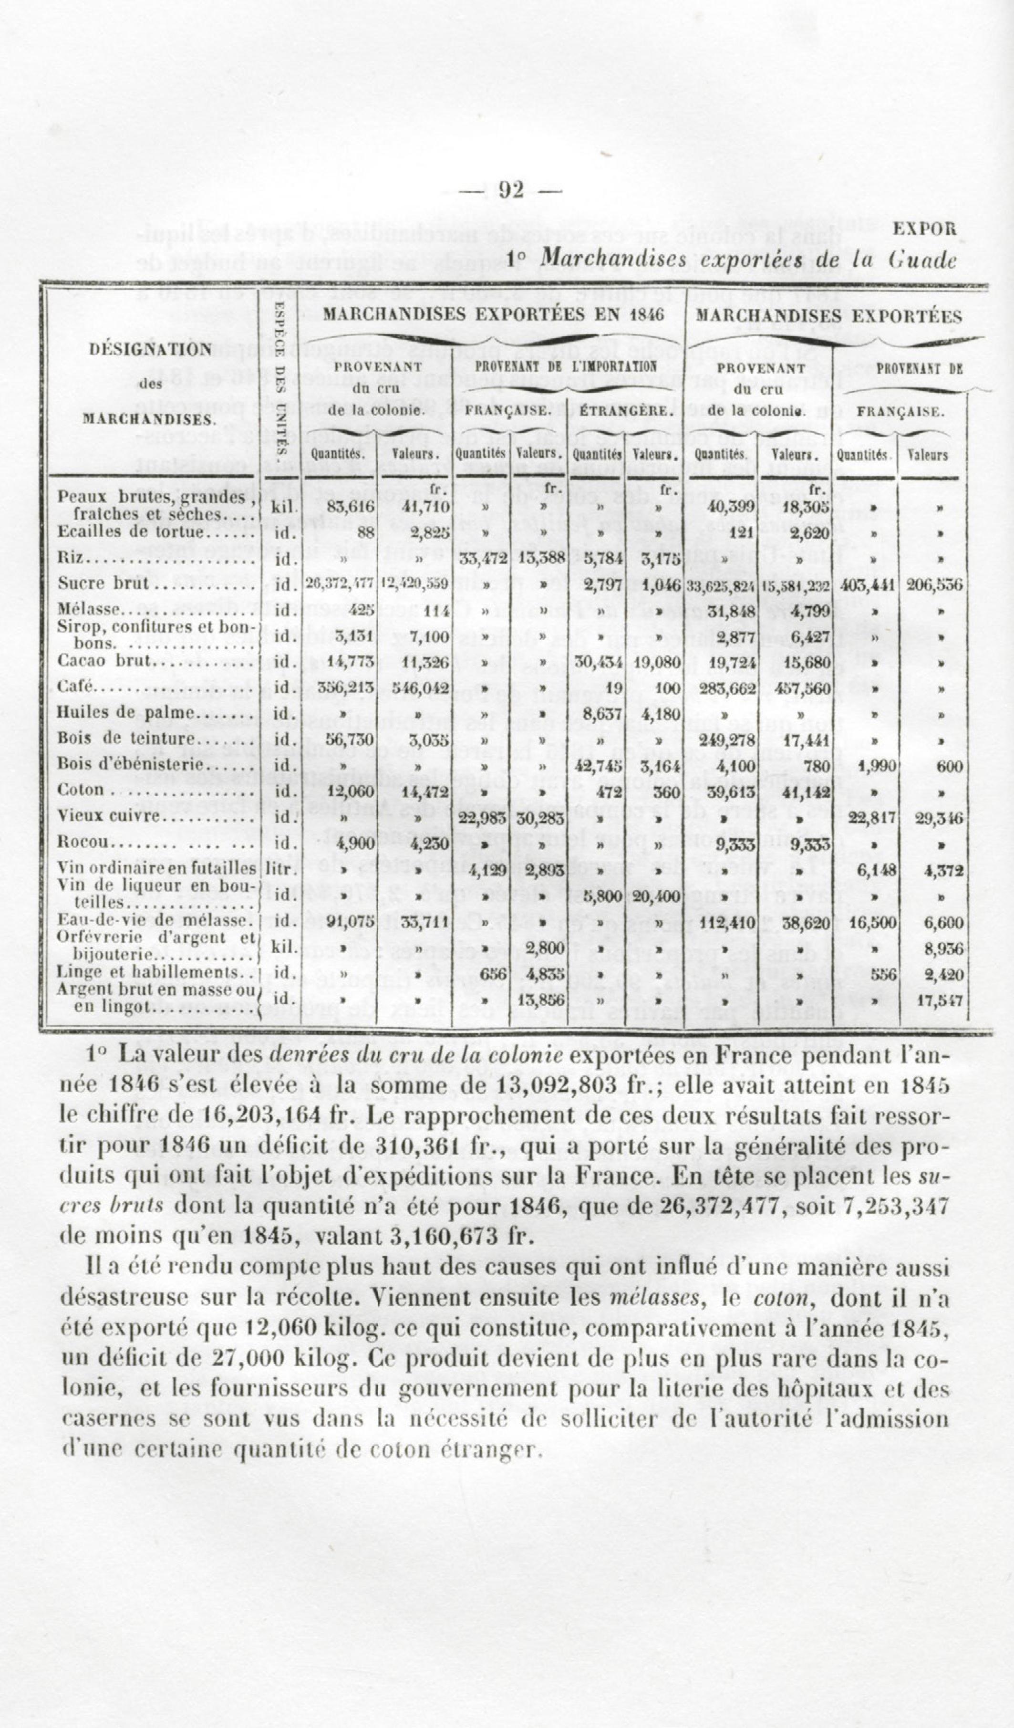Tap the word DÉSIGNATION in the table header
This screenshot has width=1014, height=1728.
[x=151, y=349]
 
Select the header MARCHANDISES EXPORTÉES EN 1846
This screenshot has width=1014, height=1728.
[x=494, y=315]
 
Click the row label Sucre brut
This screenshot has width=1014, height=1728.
[x=103, y=583]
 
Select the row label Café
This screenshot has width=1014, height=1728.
[x=75, y=687]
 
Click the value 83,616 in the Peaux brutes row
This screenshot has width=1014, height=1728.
[x=351, y=507]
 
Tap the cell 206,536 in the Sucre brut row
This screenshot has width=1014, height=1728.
[x=934, y=585]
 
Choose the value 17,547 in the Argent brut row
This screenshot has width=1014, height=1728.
[x=941, y=1000]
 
